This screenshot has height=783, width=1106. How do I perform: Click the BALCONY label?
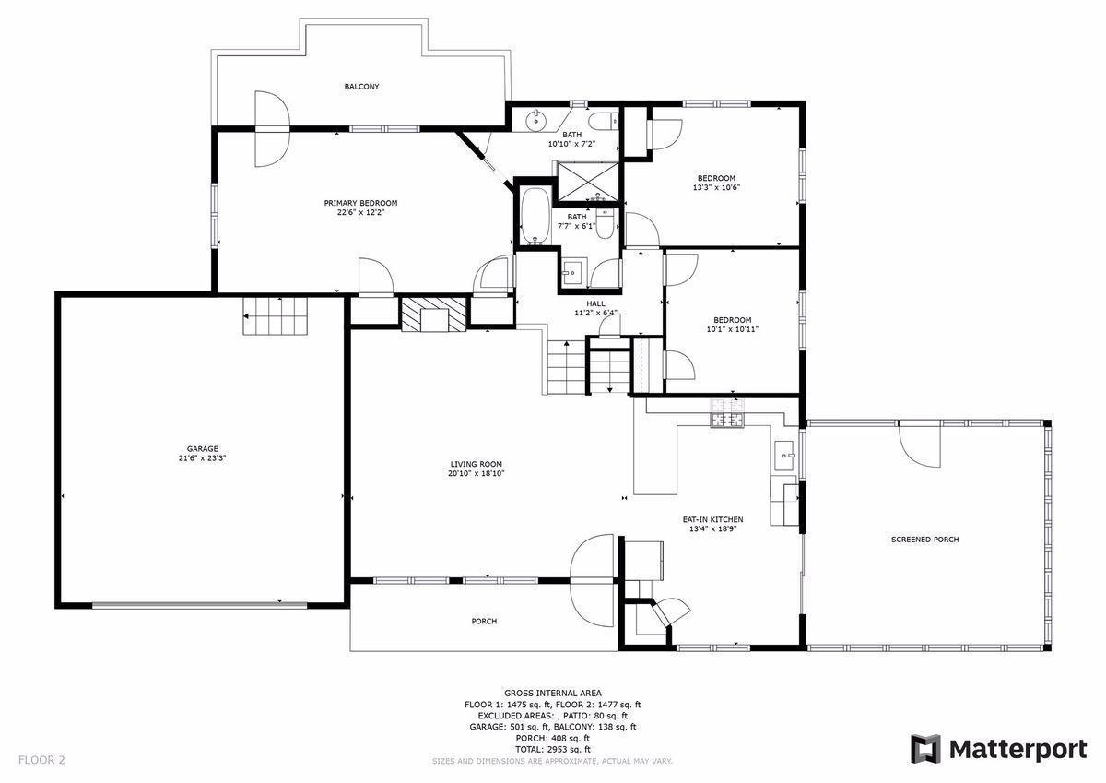click(361, 87)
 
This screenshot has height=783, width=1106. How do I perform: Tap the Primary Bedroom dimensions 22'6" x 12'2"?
click(360, 212)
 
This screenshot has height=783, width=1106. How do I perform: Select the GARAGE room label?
click(202, 449)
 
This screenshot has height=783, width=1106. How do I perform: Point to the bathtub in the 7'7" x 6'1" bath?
click(534, 217)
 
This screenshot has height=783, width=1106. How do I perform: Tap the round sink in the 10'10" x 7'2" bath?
click(535, 120)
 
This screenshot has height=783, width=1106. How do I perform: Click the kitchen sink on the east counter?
click(786, 454)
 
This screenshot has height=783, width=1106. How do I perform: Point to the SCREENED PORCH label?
click(924, 540)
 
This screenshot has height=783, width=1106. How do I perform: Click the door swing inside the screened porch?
click(919, 445)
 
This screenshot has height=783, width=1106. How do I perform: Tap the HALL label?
click(594, 303)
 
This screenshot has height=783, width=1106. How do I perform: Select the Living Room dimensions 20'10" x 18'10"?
click(477, 473)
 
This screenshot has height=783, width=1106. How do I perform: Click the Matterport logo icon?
click(924, 749)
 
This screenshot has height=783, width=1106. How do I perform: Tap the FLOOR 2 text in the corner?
click(41, 761)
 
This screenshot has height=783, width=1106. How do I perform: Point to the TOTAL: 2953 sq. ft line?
click(552, 750)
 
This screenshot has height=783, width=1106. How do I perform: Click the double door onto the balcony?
click(271, 128)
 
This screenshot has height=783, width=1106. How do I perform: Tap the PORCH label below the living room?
click(484, 622)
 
